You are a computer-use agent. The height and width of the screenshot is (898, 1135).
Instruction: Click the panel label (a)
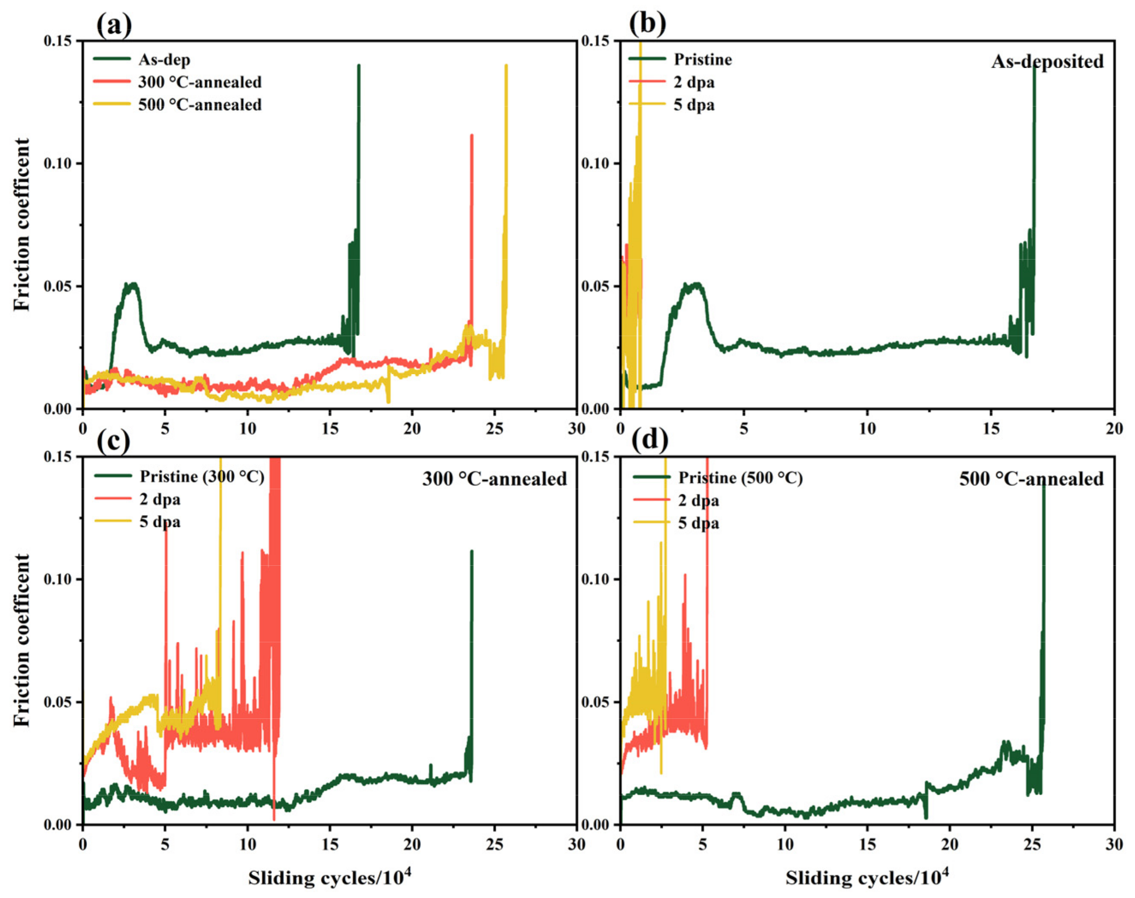tap(114, 25)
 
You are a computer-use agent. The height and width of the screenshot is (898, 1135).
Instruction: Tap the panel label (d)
tap(649, 440)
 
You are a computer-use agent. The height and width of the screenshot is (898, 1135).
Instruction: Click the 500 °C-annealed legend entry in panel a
tap(199, 105)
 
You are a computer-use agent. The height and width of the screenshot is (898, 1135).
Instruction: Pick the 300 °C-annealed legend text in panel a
tap(199, 82)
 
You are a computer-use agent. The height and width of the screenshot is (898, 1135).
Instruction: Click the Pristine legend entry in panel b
tap(702, 59)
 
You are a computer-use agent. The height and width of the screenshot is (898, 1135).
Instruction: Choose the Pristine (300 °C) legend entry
tap(202, 476)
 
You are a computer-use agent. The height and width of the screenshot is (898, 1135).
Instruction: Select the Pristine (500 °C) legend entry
tap(740, 478)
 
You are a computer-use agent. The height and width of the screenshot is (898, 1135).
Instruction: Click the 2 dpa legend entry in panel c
tap(160, 499)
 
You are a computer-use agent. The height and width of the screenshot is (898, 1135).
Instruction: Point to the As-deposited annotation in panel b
tap(1047, 62)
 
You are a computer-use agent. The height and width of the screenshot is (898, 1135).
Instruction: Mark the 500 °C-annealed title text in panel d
tap(1031, 479)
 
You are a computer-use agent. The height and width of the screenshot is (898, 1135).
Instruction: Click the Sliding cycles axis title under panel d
tap(867, 878)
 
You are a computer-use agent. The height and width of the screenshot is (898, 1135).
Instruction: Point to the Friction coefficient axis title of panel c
tap(22, 641)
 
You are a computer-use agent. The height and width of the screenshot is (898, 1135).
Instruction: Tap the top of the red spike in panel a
tap(472, 136)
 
